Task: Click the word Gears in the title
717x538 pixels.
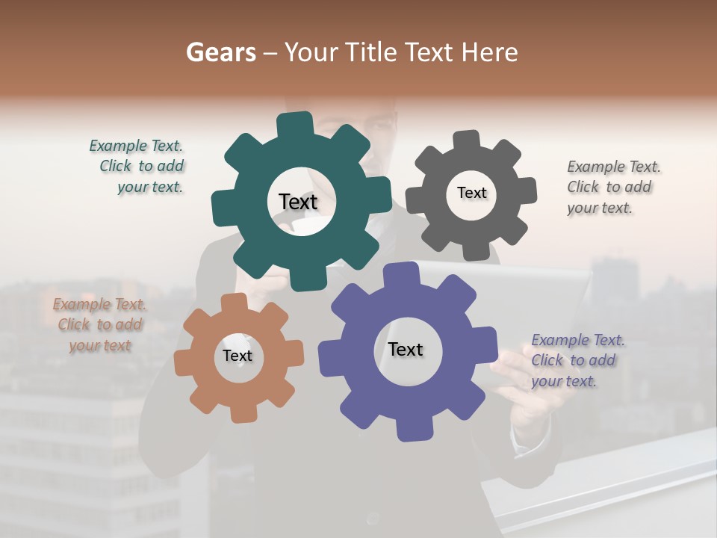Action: [x=221, y=52]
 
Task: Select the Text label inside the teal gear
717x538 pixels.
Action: [x=298, y=202]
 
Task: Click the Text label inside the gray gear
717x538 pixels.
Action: [x=471, y=193]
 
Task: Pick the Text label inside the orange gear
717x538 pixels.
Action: [x=238, y=356]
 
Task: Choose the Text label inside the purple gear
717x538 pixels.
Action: [x=406, y=349]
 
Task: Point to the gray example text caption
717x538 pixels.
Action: [x=612, y=187]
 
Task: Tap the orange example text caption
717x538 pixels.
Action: [x=100, y=325]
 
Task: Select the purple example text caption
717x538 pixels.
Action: [x=577, y=360]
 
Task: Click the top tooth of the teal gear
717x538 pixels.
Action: [x=294, y=123]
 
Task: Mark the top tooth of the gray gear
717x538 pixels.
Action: [x=467, y=139]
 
